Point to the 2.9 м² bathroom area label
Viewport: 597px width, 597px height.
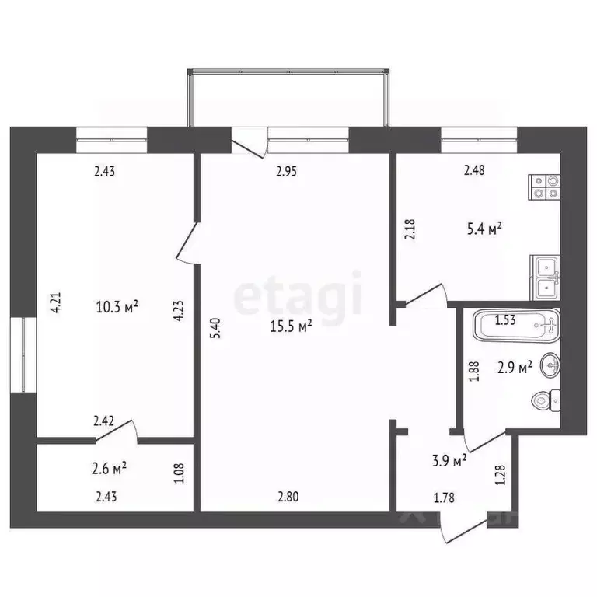(x=514, y=368)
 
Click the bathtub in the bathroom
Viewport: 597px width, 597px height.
(x=516, y=324)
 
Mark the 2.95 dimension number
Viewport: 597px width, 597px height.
(x=289, y=172)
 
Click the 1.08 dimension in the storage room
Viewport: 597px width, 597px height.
(x=180, y=471)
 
